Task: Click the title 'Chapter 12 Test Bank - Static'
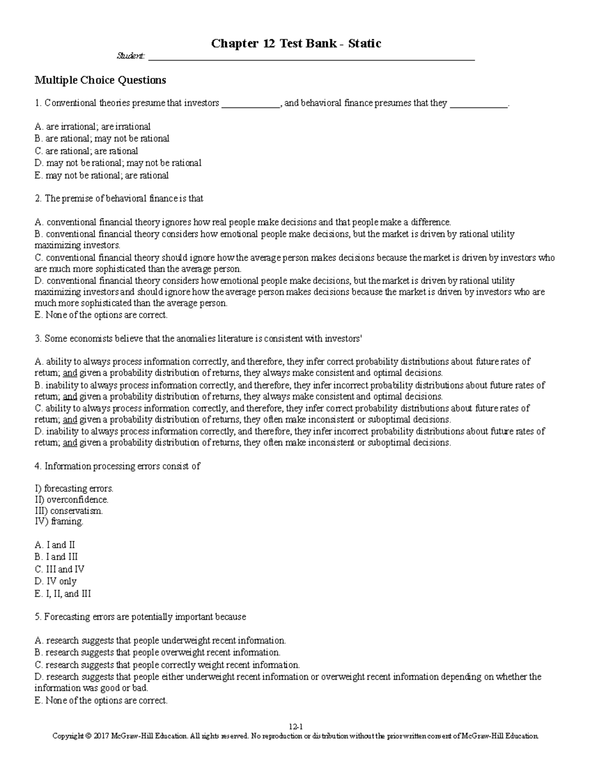(x=296, y=44)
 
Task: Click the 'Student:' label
(x=130, y=57)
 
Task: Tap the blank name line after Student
(x=311, y=58)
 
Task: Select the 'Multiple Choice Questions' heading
(x=100, y=80)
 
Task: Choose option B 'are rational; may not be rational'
(x=102, y=139)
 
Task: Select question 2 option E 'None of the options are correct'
(x=101, y=315)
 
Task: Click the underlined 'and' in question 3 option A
(x=70, y=373)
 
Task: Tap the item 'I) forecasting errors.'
(x=74, y=489)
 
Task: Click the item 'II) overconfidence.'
(x=71, y=500)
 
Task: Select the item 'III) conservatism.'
(x=69, y=511)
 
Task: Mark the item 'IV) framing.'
(x=59, y=522)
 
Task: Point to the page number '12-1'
(x=296, y=727)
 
